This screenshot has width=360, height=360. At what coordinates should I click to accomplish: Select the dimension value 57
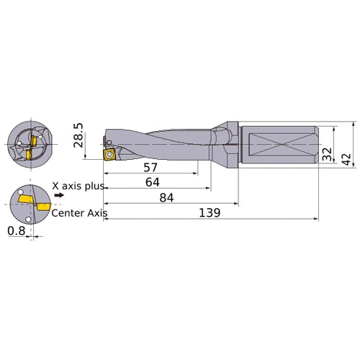pyautogui.click(x=151, y=167)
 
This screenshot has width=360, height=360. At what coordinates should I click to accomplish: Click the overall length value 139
pyautogui.click(x=208, y=213)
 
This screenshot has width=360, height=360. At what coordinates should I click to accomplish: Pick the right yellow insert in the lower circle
pyautogui.click(x=40, y=208)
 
